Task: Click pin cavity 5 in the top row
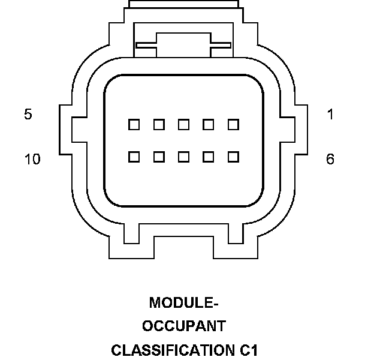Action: [x=134, y=125]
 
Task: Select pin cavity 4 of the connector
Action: [x=159, y=125]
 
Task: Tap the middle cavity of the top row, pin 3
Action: [x=184, y=125]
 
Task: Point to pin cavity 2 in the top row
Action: [x=209, y=125]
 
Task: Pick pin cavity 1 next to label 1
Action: [x=234, y=125]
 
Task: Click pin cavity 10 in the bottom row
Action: [x=134, y=157]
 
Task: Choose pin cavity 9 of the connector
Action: [x=159, y=157]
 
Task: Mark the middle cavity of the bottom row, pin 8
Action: [x=184, y=157]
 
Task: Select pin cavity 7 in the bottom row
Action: [x=209, y=157]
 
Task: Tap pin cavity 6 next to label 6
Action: [x=234, y=157]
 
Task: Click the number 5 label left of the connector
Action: [x=28, y=114]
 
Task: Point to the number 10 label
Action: [x=32, y=160]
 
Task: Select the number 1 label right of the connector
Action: [x=330, y=114]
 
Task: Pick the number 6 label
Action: [x=330, y=160]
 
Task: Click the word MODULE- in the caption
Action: [x=183, y=302]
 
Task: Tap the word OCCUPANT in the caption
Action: [x=183, y=326]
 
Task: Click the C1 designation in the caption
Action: [x=246, y=349]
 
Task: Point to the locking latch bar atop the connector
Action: [x=183, y=43]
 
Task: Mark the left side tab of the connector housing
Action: [x=65, y=128]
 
